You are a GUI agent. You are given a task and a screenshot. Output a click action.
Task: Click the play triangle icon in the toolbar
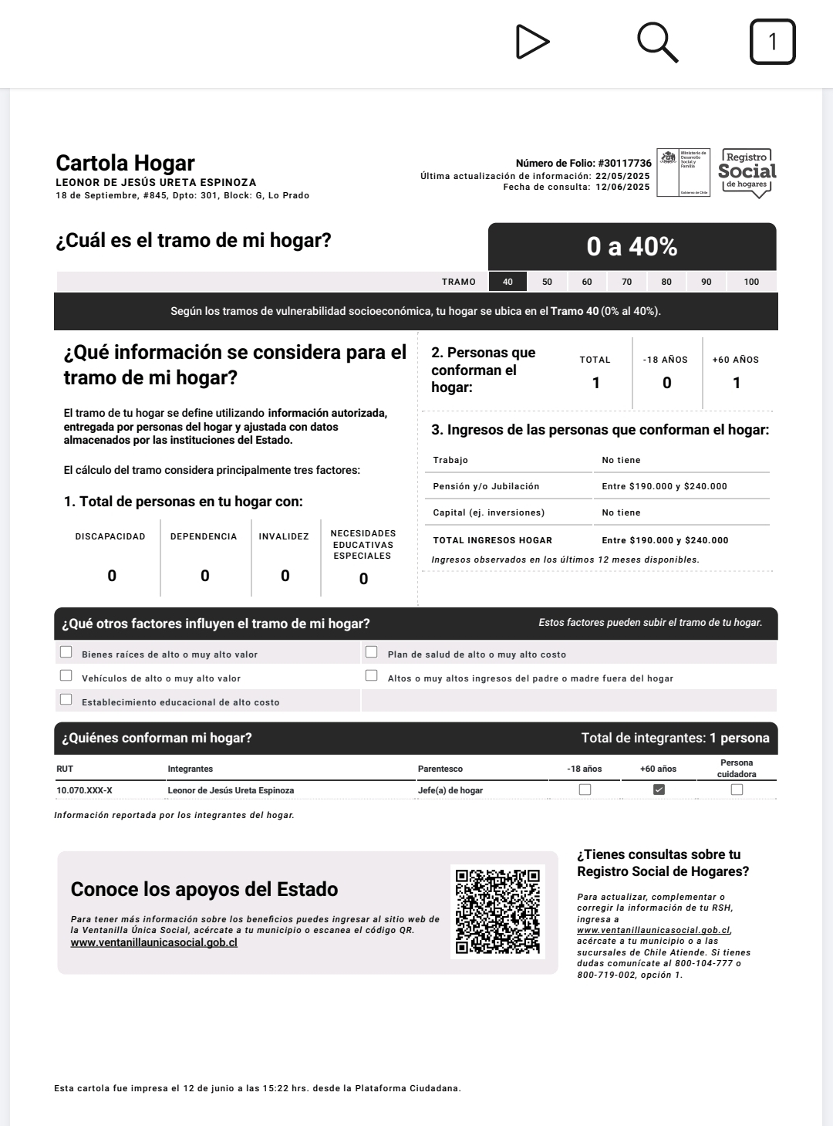(x=531, y=42)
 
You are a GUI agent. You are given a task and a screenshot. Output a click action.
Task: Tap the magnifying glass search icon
(x=657, y=42)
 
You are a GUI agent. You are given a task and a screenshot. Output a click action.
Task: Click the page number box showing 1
(x=772, y=42)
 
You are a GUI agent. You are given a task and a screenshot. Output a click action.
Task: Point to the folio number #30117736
(x=624, y=163)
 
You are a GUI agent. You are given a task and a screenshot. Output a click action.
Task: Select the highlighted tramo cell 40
(x=508, y=282)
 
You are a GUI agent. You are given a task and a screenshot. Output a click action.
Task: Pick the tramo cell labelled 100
(x=751, y=282)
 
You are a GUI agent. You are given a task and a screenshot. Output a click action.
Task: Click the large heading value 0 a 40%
(x=632, y=246)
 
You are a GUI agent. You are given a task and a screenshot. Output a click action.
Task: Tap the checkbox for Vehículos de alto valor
(x=66, y=675)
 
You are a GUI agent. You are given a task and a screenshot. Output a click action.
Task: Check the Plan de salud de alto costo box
(x=372, y=652)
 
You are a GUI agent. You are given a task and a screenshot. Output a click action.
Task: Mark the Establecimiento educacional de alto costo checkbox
(x=66, y=699)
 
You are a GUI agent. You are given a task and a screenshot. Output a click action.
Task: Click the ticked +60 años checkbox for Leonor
(x=659, y=790)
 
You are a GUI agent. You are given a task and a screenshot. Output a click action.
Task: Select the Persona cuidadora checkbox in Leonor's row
(x=737, y=790)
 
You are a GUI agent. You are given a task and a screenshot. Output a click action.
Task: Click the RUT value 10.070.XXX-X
(x=84, y=790)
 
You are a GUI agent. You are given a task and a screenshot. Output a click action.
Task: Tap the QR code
(x=497, y=911)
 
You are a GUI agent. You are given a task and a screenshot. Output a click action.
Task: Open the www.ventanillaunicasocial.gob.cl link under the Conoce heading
(x=153, y=942)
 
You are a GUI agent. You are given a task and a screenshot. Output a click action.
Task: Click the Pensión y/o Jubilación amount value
(x=664, y=486)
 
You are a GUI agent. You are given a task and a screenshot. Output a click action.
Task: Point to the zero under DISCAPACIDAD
(x=112, y=576)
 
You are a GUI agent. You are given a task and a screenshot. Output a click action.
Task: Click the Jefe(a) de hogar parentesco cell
(x=450, y=790)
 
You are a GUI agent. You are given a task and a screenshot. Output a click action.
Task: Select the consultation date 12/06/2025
(x=622, y=187)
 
